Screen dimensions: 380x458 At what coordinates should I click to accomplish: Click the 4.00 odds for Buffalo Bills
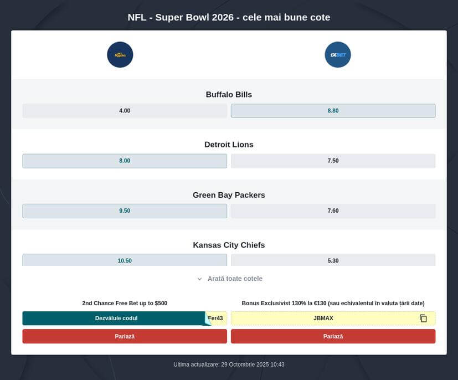(x=125, y=111)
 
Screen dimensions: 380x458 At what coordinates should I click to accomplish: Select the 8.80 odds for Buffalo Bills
(x=333, y=111)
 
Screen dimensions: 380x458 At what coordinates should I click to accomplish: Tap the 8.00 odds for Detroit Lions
(x=125, y=161)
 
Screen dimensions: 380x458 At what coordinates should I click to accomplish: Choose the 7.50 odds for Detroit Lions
(x=333, y=161)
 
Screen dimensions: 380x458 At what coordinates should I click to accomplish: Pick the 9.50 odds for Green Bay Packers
(x=125, y=211)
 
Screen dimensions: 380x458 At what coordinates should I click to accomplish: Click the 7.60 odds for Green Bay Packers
(x=333, y=211)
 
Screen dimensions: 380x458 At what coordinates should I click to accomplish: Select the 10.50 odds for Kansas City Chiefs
(x=125, y=260)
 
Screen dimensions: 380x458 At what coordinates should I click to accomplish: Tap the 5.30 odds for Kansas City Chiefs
(x=333, y=260)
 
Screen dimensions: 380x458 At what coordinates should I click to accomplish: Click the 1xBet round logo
(x=338, y=55)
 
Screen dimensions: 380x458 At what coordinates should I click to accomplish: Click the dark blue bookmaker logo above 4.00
(x=120, y=55)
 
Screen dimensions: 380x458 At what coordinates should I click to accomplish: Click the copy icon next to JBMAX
(x=423, y=318)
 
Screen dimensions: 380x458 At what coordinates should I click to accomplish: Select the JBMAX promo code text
(x=323, y=318)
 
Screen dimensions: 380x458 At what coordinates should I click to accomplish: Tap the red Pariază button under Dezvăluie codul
(x=125, y=336)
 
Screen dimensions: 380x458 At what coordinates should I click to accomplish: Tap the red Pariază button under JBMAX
(x=333, y=336)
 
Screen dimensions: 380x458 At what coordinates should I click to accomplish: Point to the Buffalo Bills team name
(x=229, y=95)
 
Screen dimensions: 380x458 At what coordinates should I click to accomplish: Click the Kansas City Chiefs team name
(x=229, y=245)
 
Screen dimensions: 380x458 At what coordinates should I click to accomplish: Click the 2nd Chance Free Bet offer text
(x=125, y=303)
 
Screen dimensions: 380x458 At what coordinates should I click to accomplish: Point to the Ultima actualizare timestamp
(x=229, y=364)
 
